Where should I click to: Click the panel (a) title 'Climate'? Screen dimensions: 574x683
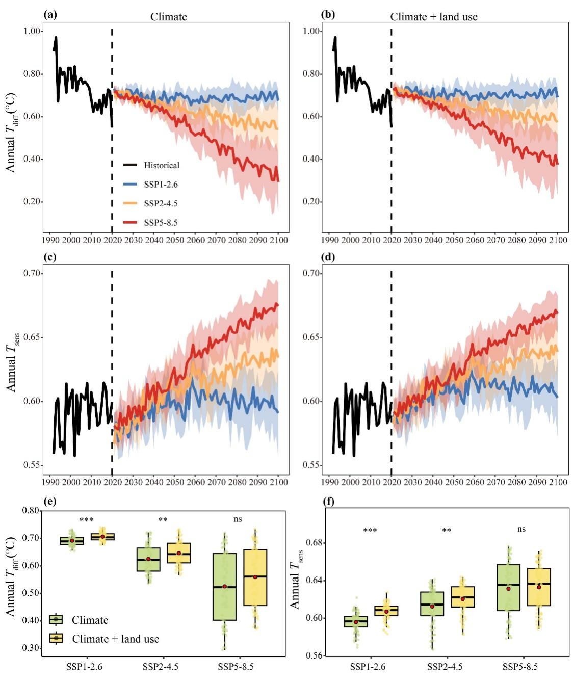169,17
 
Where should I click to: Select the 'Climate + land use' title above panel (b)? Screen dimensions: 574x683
434,17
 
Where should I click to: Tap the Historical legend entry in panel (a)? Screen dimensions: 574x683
151,165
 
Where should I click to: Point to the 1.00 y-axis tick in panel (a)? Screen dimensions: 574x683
32,32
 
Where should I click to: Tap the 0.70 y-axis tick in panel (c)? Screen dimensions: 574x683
32,273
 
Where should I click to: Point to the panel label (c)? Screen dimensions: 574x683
50,257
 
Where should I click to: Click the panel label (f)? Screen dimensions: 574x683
328,501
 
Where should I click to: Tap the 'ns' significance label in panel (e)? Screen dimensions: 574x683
238,519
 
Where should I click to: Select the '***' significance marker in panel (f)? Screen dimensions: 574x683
370,530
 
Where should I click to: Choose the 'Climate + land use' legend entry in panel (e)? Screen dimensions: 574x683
104,639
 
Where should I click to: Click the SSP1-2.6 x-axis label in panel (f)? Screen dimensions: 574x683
368,666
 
